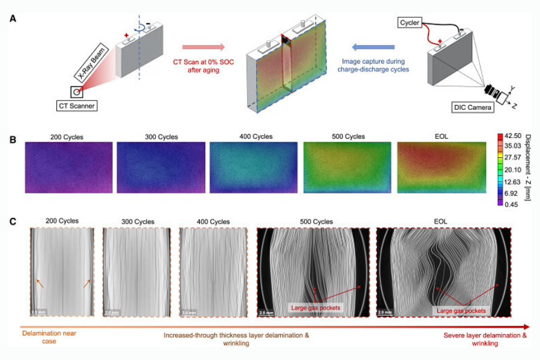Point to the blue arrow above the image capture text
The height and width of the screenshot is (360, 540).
click(x=372, y=47)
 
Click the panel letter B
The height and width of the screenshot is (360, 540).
click(x=13, y=139)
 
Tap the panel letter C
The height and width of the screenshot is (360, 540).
click(x=13, y=221)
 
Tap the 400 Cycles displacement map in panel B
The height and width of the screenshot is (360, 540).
click(x=254, y=167)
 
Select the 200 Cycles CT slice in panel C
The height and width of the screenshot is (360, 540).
click(x=61, y=273)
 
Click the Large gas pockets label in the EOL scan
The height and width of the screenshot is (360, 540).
click(x=460, y=311)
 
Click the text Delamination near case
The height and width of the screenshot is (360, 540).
click(x=48, y=335)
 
